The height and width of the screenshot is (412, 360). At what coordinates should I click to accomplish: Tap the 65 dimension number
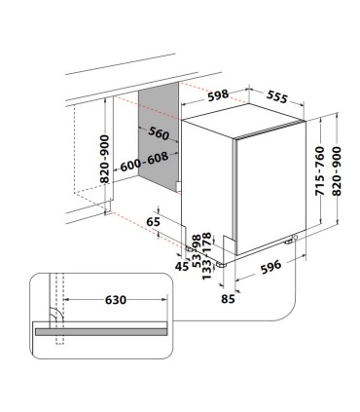[153, 223]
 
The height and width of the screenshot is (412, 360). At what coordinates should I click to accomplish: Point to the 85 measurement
[228, 299]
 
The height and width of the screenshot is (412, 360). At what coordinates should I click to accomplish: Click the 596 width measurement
[274, 266]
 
